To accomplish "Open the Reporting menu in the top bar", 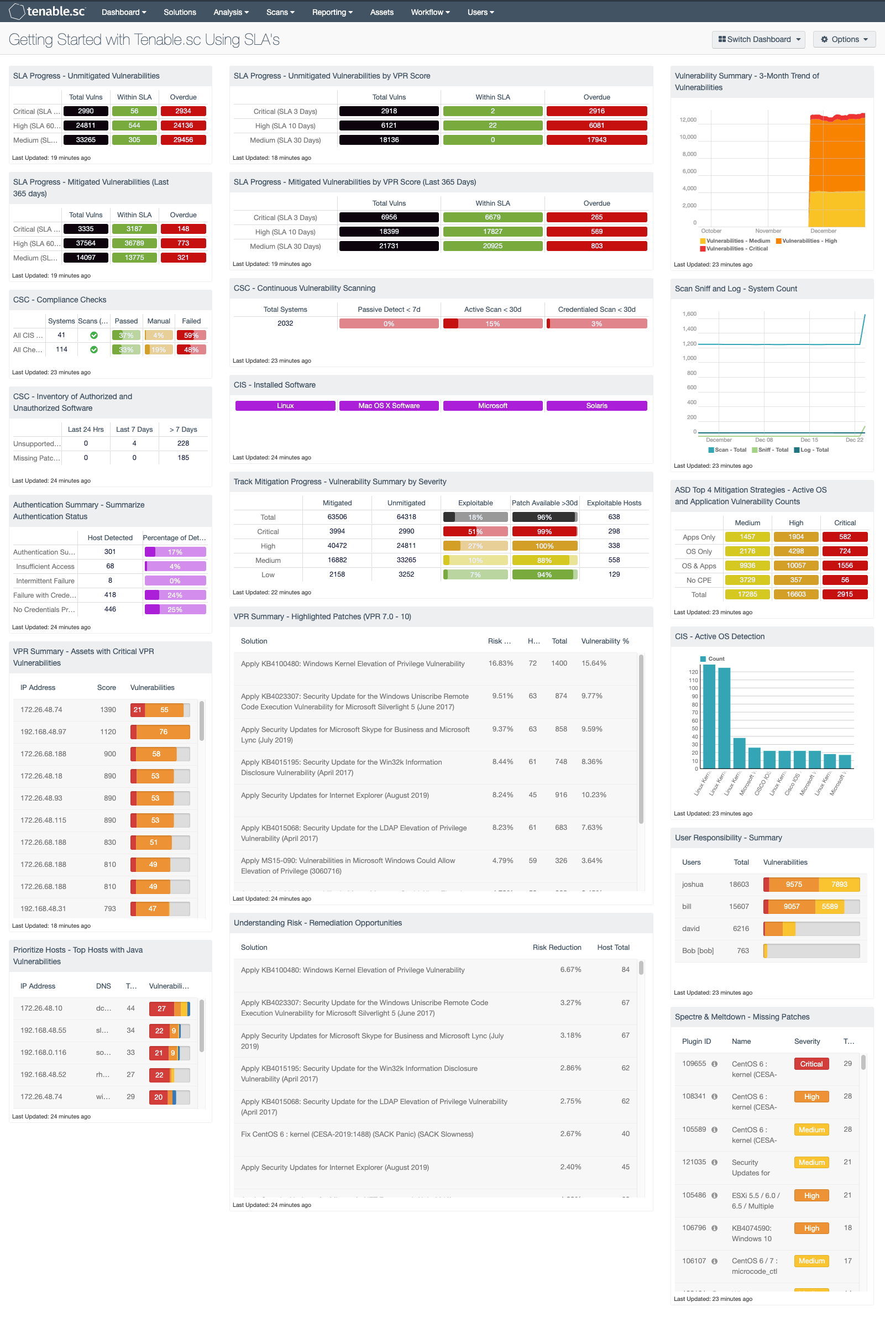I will coord(332,12).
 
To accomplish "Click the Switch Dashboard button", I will coord(758,39).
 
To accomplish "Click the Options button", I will coord(844,39).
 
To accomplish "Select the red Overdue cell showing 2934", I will coord(183,111).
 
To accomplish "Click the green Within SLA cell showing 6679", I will coord(492,217).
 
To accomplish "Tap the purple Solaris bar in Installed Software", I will coord(596,406).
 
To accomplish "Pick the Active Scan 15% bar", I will coord(492,324).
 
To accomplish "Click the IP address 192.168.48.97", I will coord(43,731).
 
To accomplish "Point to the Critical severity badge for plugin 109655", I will coord(811,1064).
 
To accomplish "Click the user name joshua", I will coord(692,885).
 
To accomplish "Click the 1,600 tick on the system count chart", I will coord(689,314).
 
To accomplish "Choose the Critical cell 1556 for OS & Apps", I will coord(844,566).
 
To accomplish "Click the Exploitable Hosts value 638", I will coord(614,517).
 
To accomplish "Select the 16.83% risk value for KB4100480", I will coord(500,663).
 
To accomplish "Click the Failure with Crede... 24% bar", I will coord(175,595).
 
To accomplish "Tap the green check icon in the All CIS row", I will coord(93,335).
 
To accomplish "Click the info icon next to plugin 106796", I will coord(714,1228).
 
